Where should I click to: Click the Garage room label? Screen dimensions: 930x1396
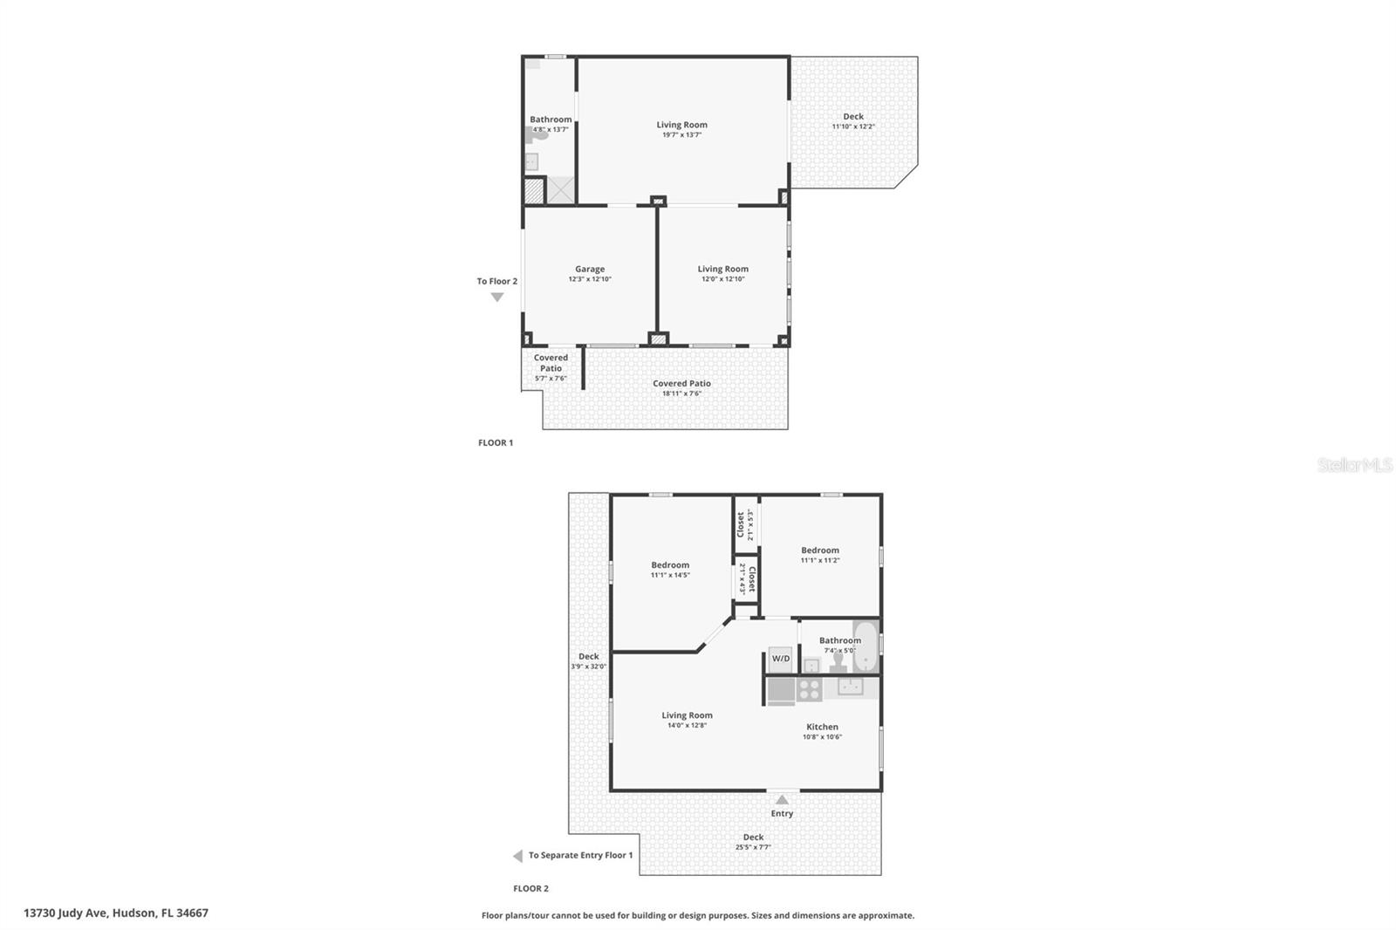pos(590,270)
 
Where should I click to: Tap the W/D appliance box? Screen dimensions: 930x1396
pos(780,659)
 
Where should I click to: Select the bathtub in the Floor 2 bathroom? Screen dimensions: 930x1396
pos(866,646)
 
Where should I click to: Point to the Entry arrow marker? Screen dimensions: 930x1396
pos(782,799)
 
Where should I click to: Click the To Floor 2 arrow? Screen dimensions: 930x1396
pos(497,297)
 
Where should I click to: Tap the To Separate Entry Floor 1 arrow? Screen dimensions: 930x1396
pos(517,856)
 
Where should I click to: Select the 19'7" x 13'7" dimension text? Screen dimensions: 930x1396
pos(681,135)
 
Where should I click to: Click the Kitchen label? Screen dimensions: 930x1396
pos(822,727)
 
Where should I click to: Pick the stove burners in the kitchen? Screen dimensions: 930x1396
pos(809,690)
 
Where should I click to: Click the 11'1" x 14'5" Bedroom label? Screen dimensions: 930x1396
pos(670,565)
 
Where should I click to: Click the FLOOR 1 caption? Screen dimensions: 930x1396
pos(496,443)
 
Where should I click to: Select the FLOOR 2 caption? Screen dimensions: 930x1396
pos(530,889)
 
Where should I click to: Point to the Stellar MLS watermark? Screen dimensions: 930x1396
pos(1354,466)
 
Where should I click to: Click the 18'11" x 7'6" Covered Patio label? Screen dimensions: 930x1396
pos(681,384)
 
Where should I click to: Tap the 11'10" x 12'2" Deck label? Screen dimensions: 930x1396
pos(853,117)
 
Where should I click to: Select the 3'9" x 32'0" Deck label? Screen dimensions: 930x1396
pos(589,657)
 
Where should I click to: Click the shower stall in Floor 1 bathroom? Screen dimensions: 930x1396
pos(560,189)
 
